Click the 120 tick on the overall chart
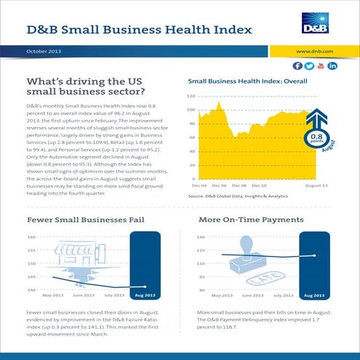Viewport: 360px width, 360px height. (x=191, y=96)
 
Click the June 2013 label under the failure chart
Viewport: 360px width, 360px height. (x=84, y=296)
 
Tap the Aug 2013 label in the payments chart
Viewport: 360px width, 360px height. (x=313, y=296)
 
